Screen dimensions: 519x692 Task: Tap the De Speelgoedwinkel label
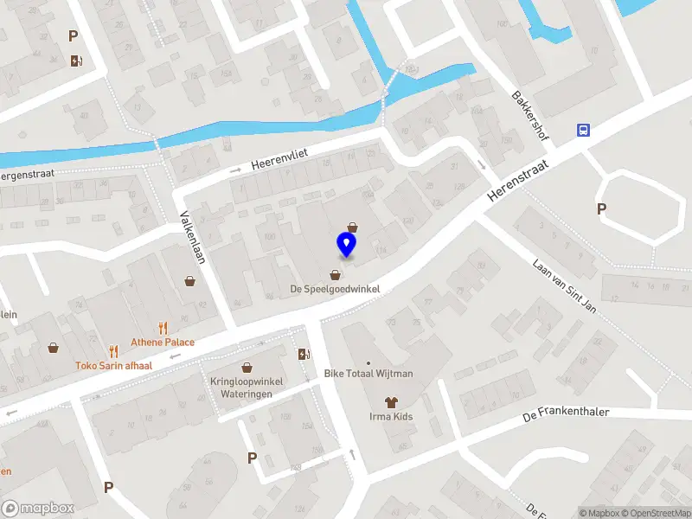tap(335, 289)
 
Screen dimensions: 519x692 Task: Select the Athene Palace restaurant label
tap(163, 342)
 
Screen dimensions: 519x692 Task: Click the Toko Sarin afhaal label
tap(112, 365)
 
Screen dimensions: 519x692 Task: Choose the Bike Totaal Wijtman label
tap(368, 374)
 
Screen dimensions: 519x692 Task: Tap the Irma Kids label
tap(391, 416)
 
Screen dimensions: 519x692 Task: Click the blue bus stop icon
tap(584, 130)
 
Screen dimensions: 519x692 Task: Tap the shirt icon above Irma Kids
tap(391, 401)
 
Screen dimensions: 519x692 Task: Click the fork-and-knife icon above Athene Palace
tap(163, 328)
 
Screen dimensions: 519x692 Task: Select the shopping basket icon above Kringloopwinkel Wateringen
tap(247, 367)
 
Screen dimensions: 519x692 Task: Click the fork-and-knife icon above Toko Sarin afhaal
tap(112, 351)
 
